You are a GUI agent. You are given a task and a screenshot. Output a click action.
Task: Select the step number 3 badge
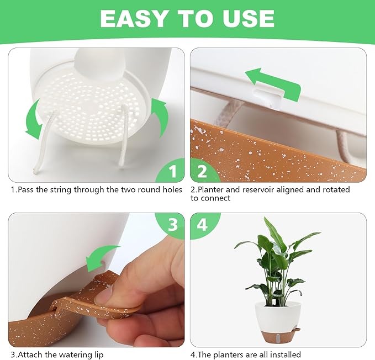[x=172, y=225]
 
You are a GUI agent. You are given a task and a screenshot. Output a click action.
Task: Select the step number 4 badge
[x=202, y=225]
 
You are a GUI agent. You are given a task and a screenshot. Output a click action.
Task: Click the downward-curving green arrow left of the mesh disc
[x=34, y=119]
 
